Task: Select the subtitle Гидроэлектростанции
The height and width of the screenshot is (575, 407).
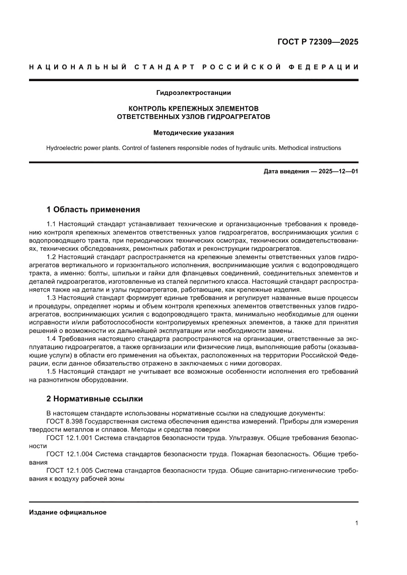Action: pos(193,92)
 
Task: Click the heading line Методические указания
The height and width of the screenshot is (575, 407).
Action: pos(193,133)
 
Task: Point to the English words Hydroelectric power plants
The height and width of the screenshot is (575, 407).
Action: pos(85,148)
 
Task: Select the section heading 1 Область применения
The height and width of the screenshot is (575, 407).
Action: pos(93,210)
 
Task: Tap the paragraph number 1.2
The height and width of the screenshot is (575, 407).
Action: pos(51,257)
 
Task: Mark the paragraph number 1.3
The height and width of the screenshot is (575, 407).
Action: pos(51,298)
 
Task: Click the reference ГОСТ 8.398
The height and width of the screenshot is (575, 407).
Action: pos(64,422)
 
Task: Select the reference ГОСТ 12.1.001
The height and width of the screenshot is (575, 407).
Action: pos(69,438)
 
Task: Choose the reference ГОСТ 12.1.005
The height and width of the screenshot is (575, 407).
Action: pos(69,470)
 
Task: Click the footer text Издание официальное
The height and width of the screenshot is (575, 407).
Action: pos(68,512)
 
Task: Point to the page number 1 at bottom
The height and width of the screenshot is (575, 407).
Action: pos(356,523)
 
